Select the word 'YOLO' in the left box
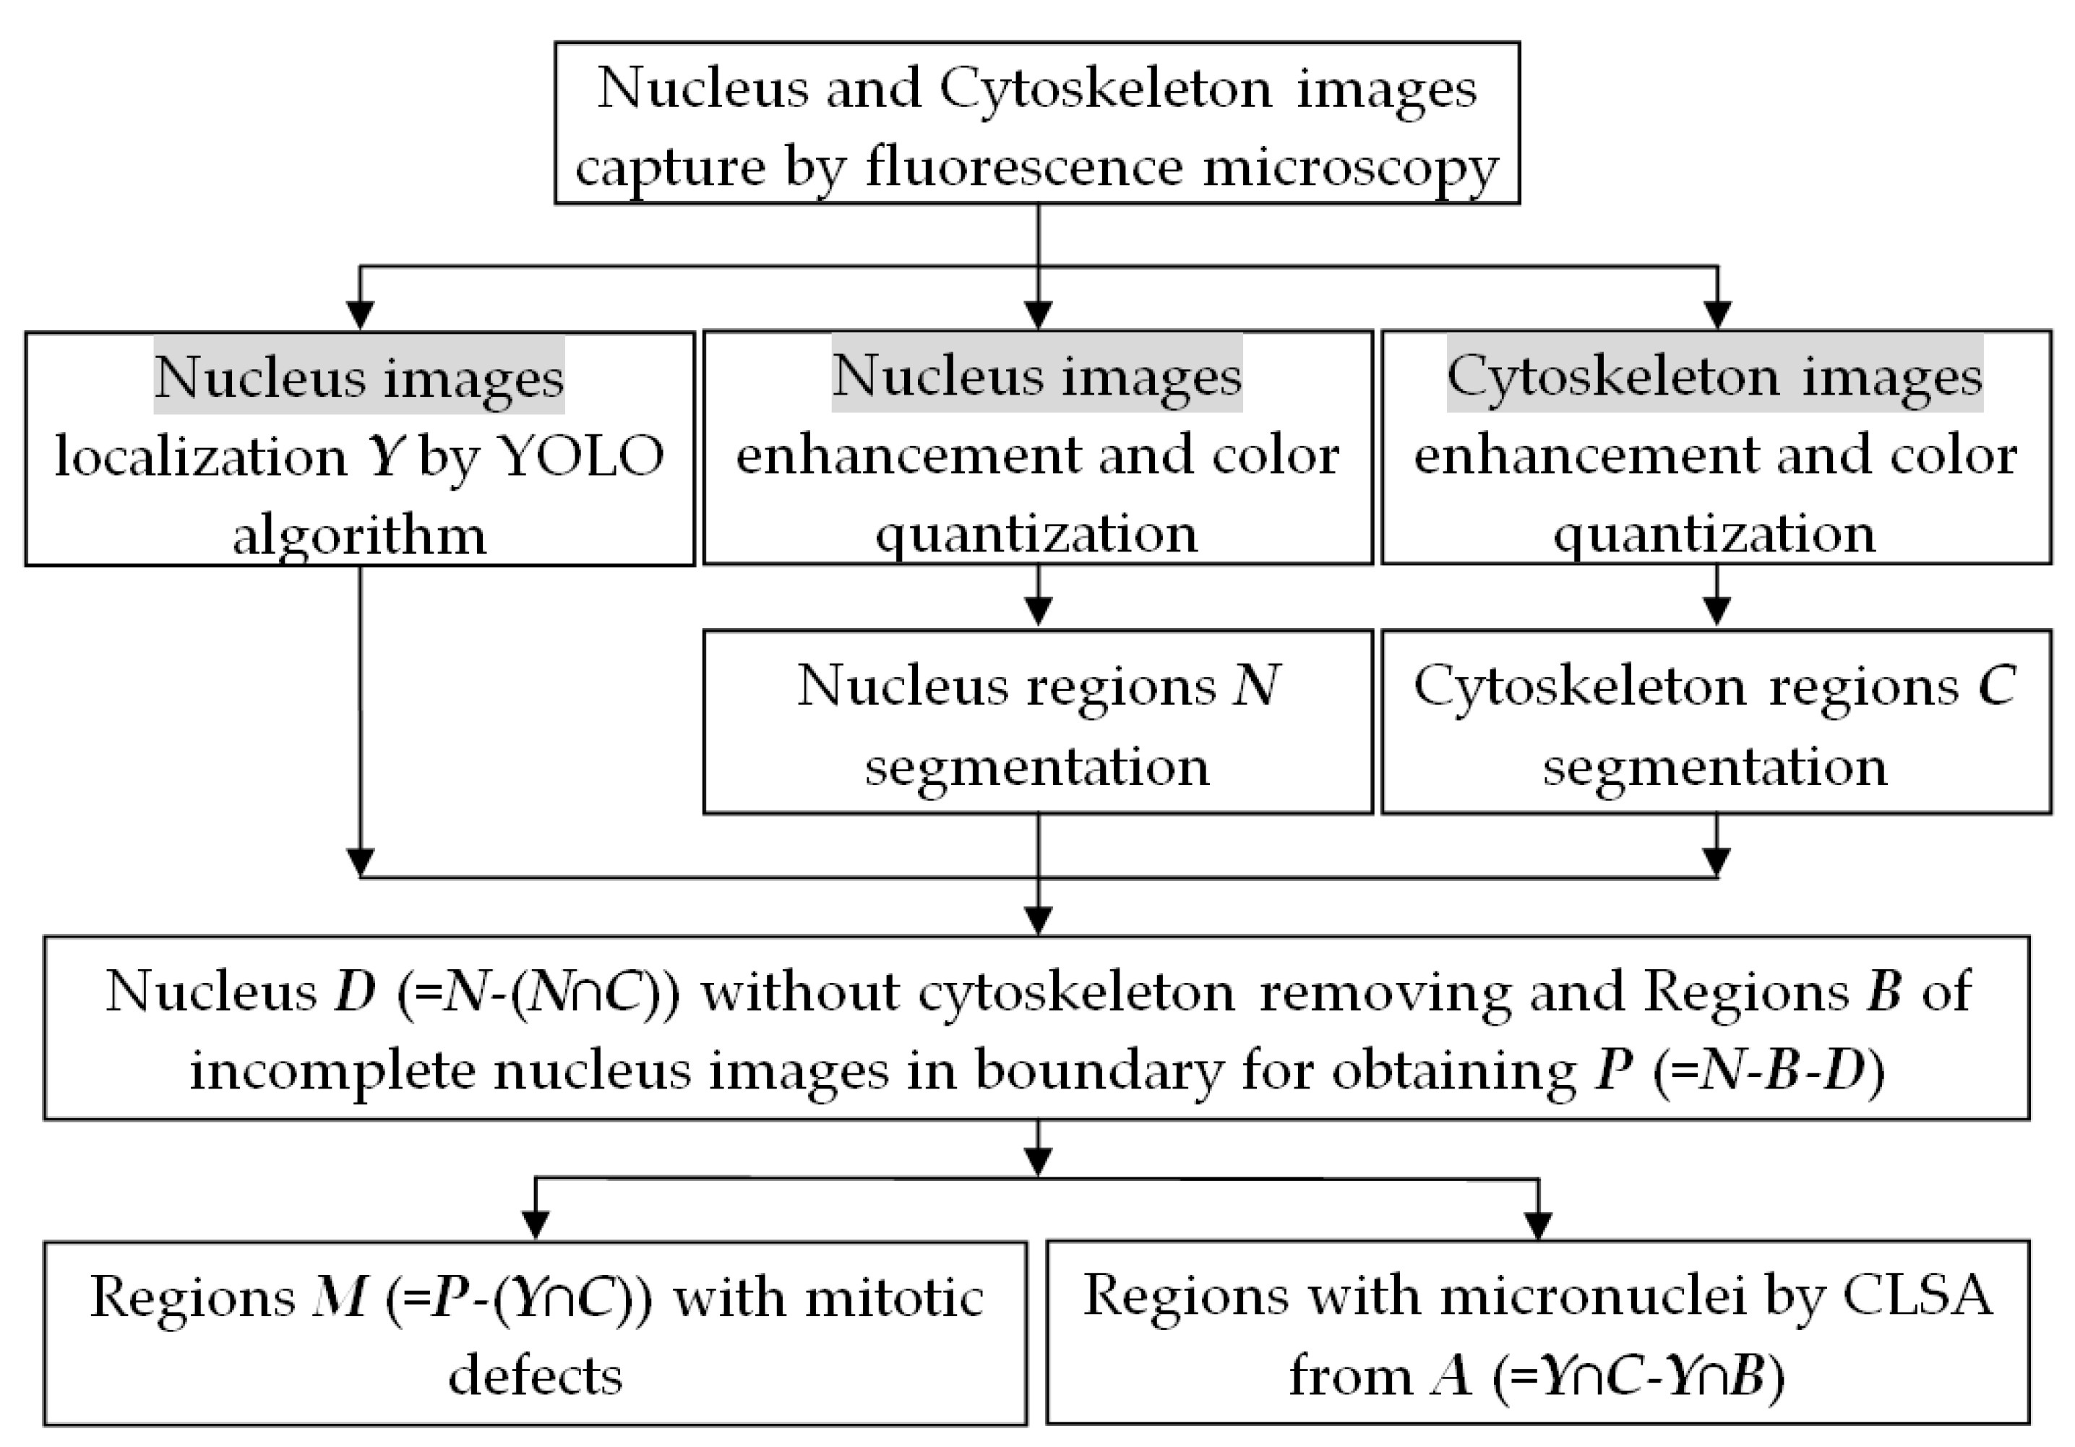coord(581,456)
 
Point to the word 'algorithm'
coord(360,535)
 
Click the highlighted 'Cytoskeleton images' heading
coord(1714,376)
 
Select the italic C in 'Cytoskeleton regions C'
coord(1996,686)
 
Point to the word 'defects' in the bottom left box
coord(535,1375)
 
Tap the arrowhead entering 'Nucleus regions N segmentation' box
coord(1038,612)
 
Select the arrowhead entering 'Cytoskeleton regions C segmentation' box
coord(1717,612)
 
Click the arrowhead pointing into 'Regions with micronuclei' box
coord(1537,1227)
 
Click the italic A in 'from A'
coord(1451,1375)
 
